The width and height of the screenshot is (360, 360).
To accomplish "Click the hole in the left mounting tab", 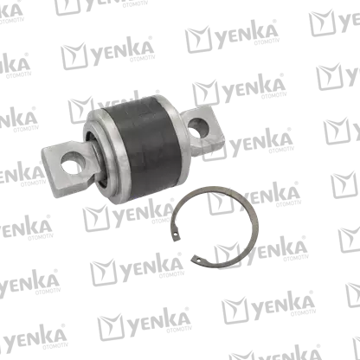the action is click(x=74, y=163).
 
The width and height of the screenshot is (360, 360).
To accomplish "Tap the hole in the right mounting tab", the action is click(x=199, y=127).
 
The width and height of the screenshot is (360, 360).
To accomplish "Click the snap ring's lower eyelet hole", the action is click(x=198, y=260).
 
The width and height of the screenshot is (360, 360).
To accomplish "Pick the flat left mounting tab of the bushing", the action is click(x=68, y=168).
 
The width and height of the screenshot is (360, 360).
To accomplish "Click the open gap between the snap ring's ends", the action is click(x=184, y=248).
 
